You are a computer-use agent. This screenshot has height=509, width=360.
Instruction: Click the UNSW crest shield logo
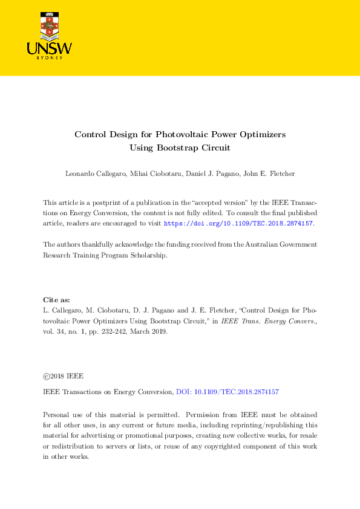[x=50, y=24]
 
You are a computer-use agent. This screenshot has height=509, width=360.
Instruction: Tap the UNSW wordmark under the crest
[x=50, y=48]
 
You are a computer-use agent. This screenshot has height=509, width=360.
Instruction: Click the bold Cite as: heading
[x=57, y=299]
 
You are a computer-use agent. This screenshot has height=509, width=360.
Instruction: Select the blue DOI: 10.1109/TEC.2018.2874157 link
[x=227, y=392]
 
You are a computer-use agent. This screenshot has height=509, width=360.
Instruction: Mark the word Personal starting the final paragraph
[x=56, y=415]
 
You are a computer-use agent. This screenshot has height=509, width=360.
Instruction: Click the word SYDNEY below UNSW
[x=50, y=58]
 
